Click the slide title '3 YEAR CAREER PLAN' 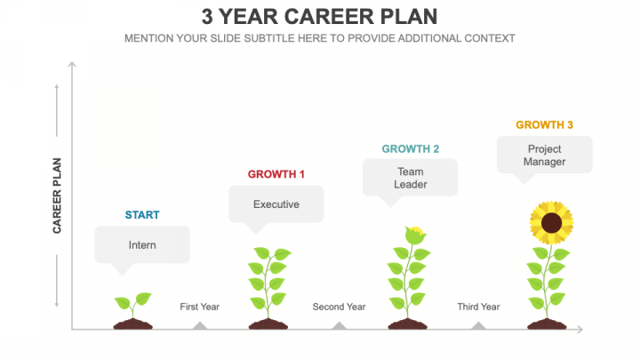319,17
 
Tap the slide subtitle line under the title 319,38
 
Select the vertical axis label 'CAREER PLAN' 57,195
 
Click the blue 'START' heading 142,215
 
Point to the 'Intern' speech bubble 142,244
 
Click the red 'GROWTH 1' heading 276,174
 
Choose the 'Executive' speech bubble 276,204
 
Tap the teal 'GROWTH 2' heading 411,148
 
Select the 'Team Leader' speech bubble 411,178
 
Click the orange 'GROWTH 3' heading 544,125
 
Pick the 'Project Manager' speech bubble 544,156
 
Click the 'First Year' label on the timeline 199,307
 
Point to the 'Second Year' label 339,307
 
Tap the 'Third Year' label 478,307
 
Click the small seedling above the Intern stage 133,305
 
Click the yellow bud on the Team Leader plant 412,236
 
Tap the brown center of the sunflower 551,221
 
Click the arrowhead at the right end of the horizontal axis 580,329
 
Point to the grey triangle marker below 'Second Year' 339,325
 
